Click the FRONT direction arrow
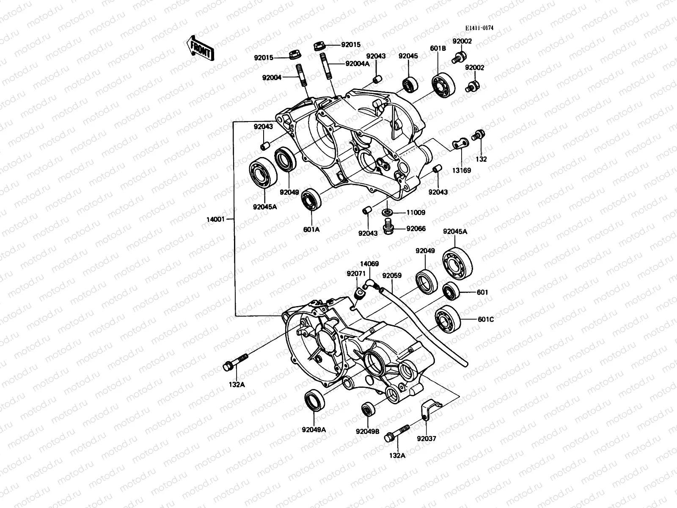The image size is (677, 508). (x=200, y=47)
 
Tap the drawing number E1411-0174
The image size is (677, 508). (x=479, y=28)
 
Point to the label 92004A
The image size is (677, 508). (x=357, y=64)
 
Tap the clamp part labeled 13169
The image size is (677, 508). (x=460, y=144)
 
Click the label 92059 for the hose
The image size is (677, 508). (x=391, y=275)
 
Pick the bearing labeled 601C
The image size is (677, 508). (x=447, y=318)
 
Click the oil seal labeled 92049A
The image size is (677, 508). (x=314, y=399)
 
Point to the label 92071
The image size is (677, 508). (x=355, y=274)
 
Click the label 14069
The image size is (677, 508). (x=369, y=264)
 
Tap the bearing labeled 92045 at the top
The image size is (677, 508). (x=410, y=84)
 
